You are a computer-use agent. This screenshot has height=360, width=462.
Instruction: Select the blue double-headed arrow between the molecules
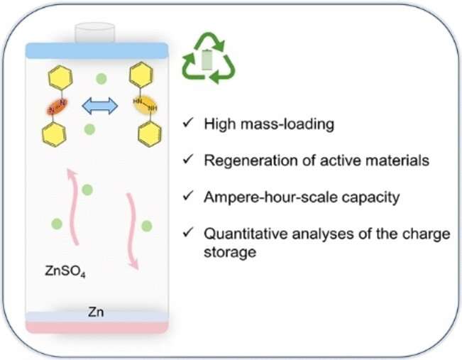tap(99, 107)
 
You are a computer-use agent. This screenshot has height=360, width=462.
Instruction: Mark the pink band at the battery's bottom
tap(97, 327)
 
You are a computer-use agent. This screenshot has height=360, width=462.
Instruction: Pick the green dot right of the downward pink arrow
tap(147, 227)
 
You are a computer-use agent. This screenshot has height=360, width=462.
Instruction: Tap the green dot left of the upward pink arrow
tap(56, 225)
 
